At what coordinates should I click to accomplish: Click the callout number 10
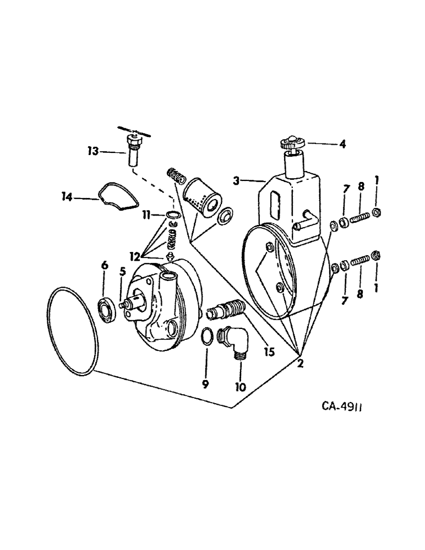point(241,387)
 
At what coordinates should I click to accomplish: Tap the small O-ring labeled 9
point(206,336)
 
